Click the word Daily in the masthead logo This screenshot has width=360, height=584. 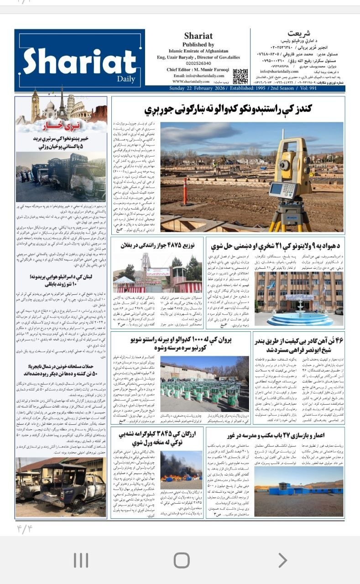pyautogui.click(x=129, y=79)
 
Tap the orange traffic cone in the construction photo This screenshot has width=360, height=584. pyautogui.click(x=185, y=192)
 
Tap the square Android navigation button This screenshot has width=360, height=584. pyautogui.click(x=181, y=560)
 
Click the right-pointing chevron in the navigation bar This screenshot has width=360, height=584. pyautogui.click(x=282, y=560)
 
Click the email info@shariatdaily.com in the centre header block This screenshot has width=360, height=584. pyautogui.click(x=198, y=76)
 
